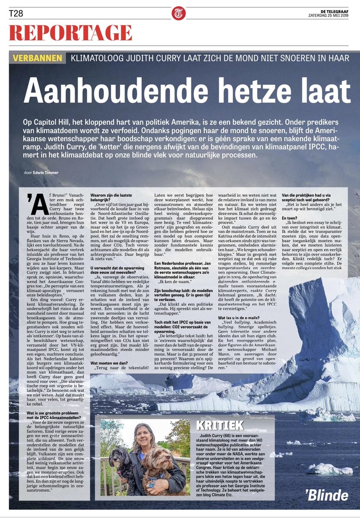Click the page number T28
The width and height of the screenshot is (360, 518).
[x=16, y=14]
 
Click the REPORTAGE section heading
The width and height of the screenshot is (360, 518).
[x=70, y=33]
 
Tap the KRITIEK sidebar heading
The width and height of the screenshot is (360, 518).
[x=220, y=425]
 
